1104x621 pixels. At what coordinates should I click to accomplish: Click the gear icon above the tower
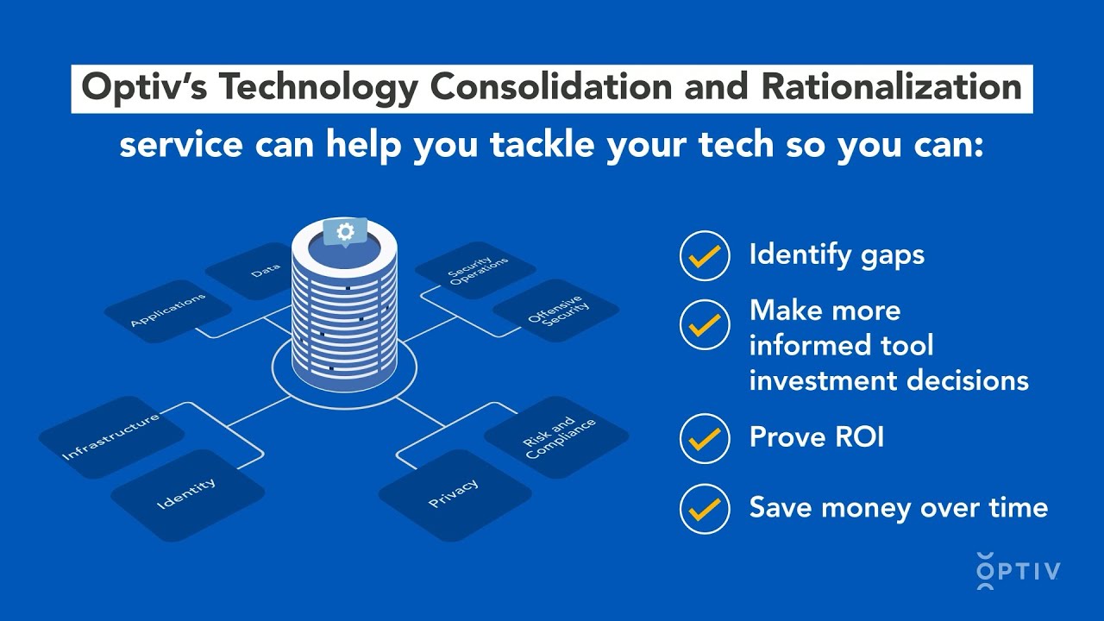(345, 231)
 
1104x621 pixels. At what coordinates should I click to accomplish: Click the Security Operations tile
(470, 271)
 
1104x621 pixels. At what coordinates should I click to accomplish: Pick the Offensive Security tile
(555, 310)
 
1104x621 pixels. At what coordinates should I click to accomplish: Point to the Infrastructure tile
(111, 436)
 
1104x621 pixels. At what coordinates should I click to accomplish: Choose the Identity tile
(187, 494)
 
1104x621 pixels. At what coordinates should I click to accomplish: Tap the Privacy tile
(454, 493)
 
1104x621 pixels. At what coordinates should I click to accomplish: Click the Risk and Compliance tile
(557, 437)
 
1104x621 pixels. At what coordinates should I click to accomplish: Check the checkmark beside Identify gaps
(705, 255)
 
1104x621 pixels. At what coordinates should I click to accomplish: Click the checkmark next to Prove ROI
(705, 438)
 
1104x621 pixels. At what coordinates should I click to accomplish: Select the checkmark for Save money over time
(705, 508)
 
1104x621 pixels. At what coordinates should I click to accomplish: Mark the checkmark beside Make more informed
(705, 324)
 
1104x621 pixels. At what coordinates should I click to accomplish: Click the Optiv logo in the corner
(1018, 570)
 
